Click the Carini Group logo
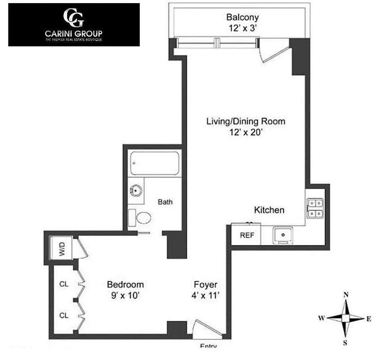pos(74,24)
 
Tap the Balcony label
pos(242,18)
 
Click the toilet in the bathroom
pos(140,218)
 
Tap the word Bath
pos(165,202)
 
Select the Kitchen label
pos(269,210)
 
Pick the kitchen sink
pos(283,235)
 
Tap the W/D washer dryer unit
pos(62,248)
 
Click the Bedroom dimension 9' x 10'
pos(125,296)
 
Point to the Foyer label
pos(206,284)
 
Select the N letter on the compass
pos(346,295)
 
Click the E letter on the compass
pos(368,319)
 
